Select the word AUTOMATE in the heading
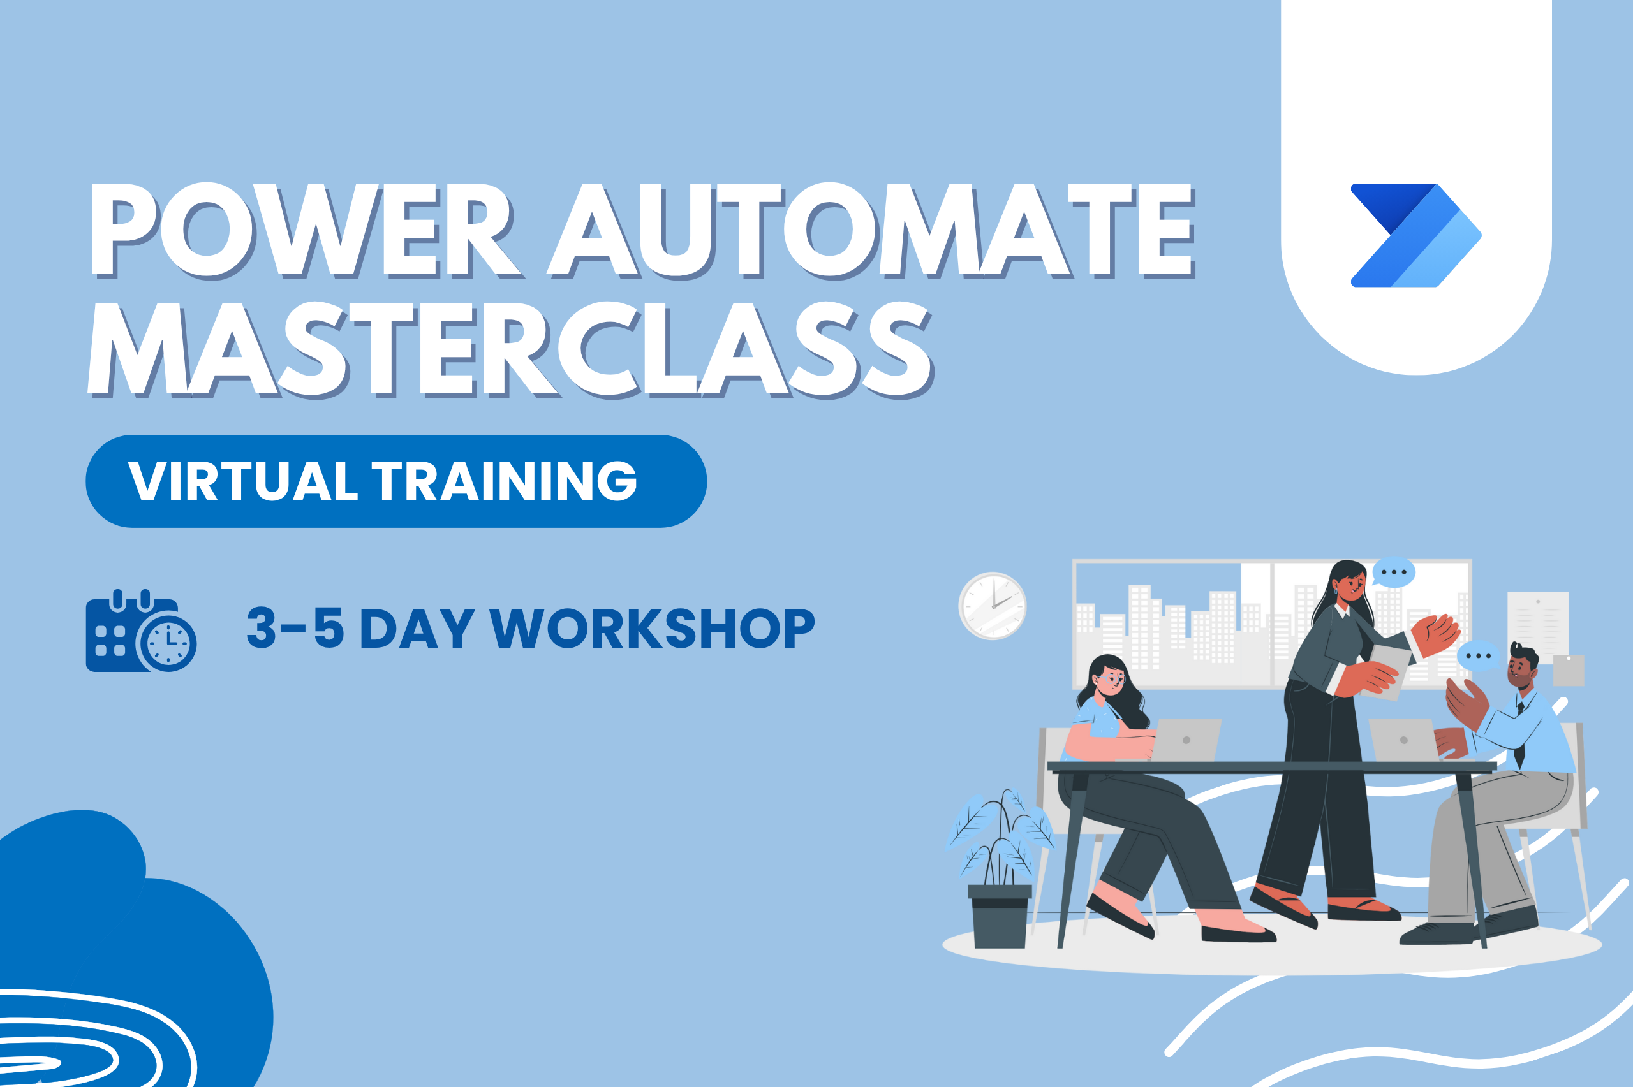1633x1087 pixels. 871,230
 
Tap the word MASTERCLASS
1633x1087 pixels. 510,350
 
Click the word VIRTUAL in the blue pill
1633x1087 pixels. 242,481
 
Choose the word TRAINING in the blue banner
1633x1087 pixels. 504,481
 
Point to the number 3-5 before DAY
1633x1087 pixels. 295,627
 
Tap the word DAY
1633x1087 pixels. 417,628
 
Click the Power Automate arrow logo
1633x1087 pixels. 1416,235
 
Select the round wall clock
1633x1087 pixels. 993,605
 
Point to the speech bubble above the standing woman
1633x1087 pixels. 1393,573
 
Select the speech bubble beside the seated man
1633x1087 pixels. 1478,656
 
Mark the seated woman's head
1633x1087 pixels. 1111,676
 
